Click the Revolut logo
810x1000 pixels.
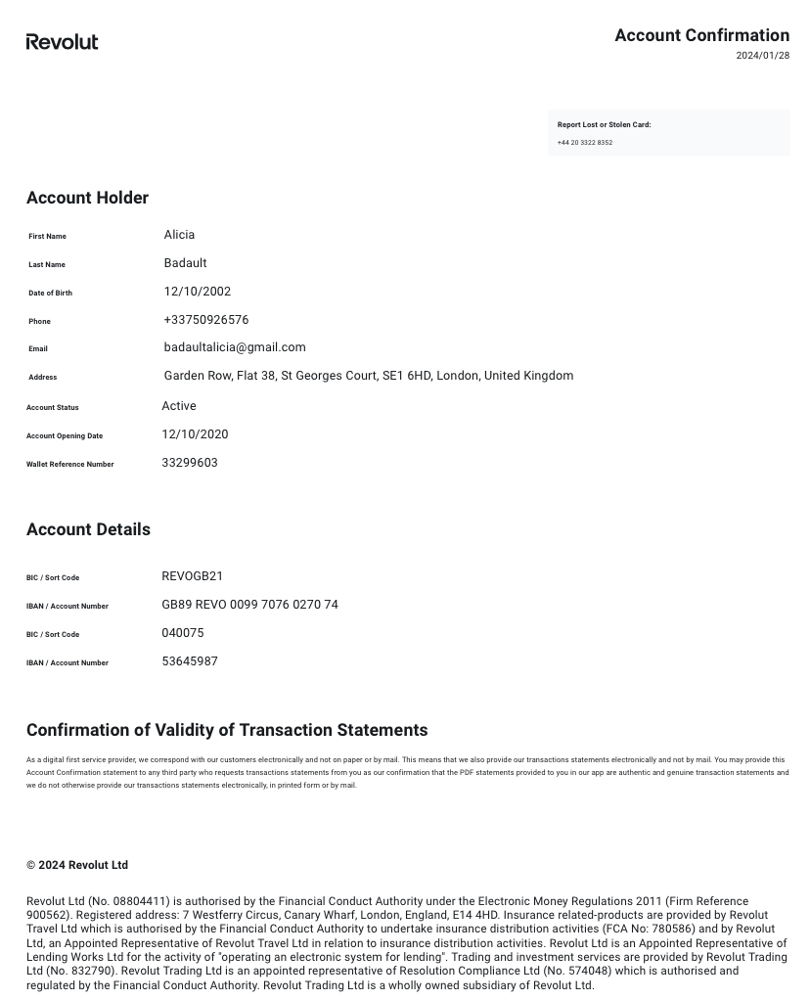tap(62, 42)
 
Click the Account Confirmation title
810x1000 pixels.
tap(701, 35)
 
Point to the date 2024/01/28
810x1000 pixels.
tap(762, 56)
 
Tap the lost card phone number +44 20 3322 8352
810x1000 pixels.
tap(585, 143)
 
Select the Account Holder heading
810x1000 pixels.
tap(87, 198)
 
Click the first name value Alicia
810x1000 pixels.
tap(179, 235)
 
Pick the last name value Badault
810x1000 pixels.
tap(185, 263)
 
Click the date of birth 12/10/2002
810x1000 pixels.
tap(198, 292)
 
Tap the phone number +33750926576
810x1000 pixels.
tap(206, 320)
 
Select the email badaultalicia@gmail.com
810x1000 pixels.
tap(235, 347)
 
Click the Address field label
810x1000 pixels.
tap(42, 377)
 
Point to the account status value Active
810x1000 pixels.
tap(179, 406)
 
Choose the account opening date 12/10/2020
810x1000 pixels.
tap(195, 434)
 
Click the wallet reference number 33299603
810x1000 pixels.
tap(190, 463)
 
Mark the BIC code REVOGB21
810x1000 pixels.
tap(192, 576)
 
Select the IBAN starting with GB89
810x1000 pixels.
tap(249, 605)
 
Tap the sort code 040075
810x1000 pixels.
tap(183, 633)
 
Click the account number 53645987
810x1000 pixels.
tap(190, 661)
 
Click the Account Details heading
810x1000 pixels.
tap(88, 529)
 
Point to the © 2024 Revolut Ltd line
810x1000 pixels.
tap(77, 865)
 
